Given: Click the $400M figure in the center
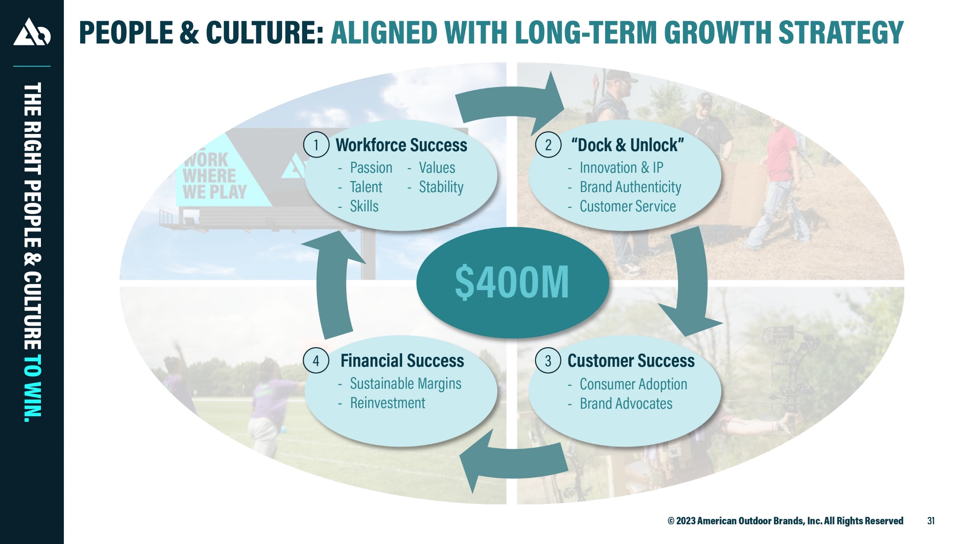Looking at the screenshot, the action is coord(512,282).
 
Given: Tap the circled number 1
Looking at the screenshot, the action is coord(316,145).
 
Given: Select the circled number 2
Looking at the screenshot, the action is coord(548,145).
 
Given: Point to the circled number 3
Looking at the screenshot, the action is coord(548,360).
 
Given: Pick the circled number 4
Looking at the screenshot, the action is coord(316,360).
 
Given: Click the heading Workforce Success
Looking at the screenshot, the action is coord(401,145).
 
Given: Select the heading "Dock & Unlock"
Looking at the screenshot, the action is coord(627,145).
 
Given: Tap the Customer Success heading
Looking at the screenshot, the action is coord(631,361).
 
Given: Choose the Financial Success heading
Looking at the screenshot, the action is coord(402,361).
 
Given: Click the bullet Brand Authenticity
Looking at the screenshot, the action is coord(630,187).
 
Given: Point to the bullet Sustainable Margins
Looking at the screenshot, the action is coord(405,384).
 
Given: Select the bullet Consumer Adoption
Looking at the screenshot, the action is coord(633,384).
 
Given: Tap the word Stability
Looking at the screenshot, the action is coord(441,187).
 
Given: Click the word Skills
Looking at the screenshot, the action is coord(364,206).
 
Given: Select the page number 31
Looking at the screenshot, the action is coord(931,521).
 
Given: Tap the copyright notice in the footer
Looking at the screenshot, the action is coord(785,521).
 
